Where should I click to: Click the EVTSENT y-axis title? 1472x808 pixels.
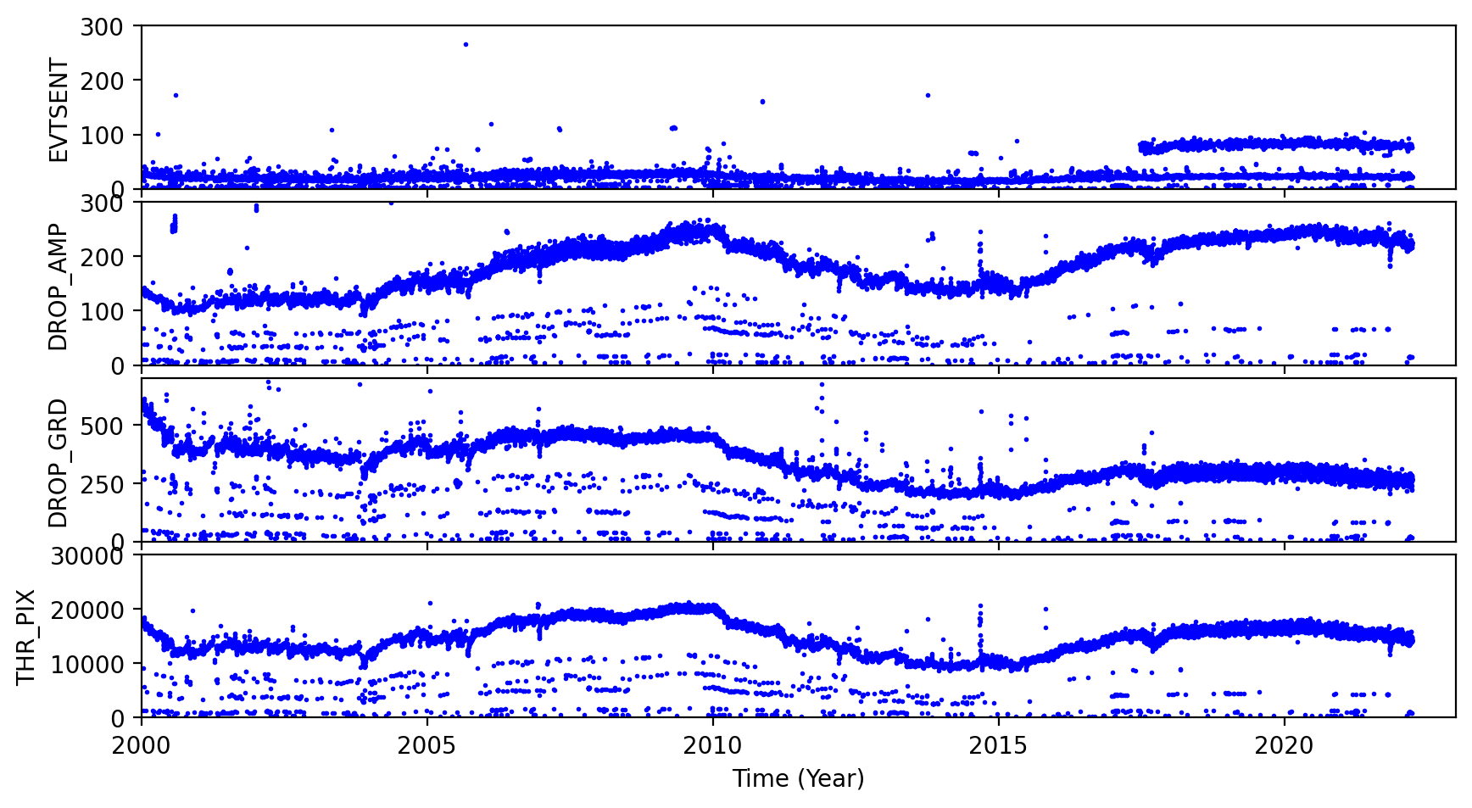pos(58,109)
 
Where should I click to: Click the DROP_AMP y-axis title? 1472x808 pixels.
pos(58,286)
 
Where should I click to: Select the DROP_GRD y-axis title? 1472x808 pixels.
pos(58,462)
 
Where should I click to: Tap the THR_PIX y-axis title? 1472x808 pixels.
pos(27,637)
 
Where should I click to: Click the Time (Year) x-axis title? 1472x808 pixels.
pos(798,778)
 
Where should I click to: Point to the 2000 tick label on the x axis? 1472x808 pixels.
pos(142,746)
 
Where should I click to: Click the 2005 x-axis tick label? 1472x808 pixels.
pos(427,746)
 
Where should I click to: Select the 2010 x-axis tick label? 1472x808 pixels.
pos(713,746)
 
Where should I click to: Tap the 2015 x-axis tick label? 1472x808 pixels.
pos(999,746)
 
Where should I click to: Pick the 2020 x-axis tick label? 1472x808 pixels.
pos(1284,746)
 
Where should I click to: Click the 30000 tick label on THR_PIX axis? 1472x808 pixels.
pos(90,556)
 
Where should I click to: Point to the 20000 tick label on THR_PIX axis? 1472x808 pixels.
pos(90,610)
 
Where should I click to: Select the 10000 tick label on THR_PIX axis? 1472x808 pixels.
pos(90,664)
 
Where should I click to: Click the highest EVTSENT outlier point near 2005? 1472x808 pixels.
pos(466,44)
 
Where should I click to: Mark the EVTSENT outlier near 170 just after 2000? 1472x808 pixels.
pos(176,95)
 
